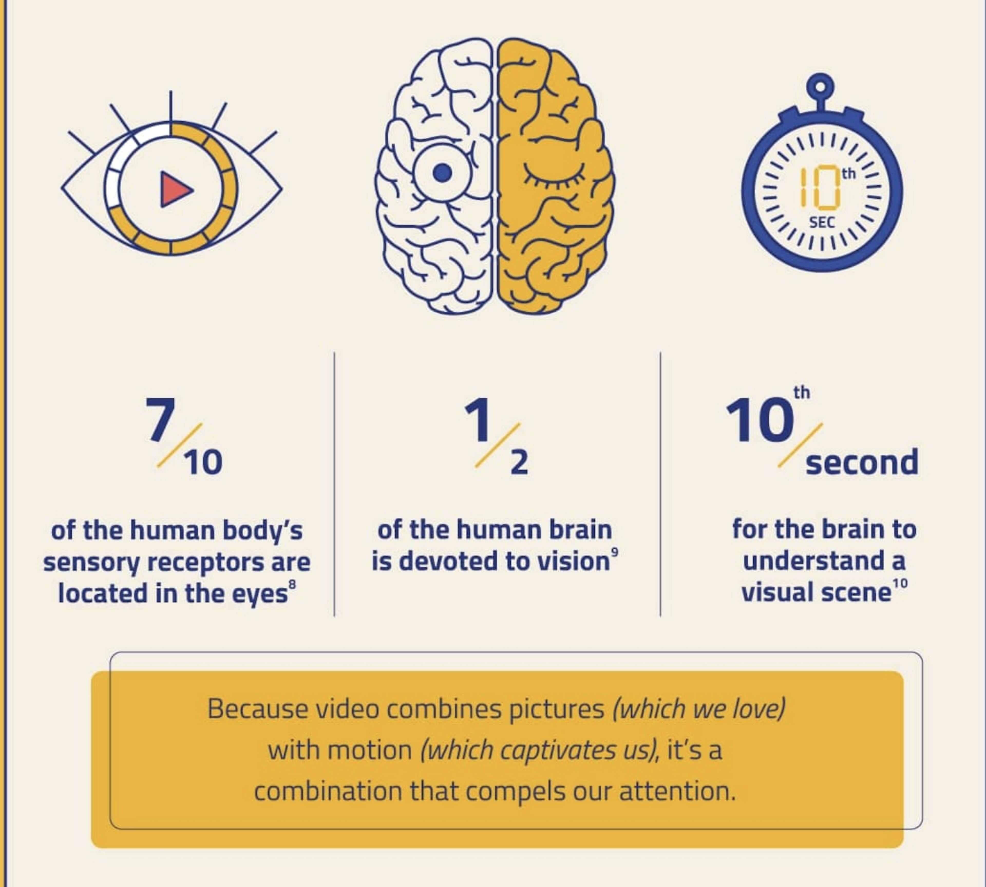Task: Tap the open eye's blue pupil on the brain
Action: click(442, 173)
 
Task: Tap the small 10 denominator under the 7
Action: click(203, 462)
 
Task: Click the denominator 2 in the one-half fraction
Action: click(519, 462)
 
